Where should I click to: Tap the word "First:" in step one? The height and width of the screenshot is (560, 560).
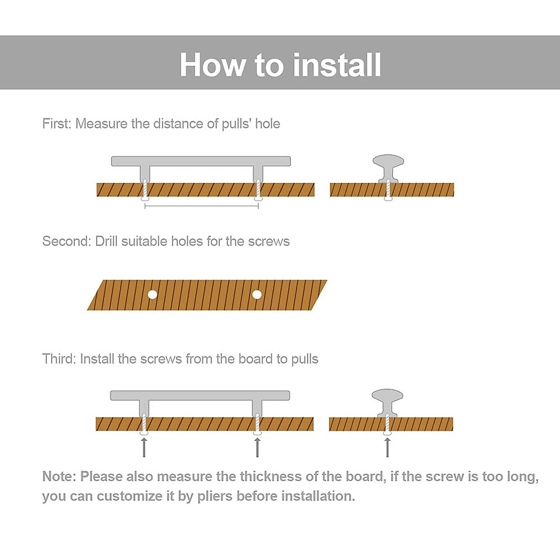point(56,124)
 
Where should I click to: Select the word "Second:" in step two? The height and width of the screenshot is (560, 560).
point(66,241)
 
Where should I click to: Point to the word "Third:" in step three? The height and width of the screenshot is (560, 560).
point(59,359)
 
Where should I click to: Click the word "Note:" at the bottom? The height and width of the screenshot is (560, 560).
point(59,476)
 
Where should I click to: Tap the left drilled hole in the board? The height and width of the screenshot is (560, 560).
point(152,294)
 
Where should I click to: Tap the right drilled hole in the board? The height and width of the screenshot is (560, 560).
point(257,294)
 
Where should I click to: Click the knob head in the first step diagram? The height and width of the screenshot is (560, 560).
point(388,162)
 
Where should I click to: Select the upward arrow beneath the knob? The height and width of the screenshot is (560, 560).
point(387,448)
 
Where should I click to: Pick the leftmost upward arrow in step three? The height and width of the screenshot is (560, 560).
point(144,448)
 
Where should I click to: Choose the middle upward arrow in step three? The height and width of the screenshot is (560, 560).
point(257,448)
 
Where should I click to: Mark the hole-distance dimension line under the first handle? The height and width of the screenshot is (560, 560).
point(202,206)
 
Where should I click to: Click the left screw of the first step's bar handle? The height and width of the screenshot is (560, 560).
point(145,190)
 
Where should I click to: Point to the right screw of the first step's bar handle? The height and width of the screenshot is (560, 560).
point(258,190)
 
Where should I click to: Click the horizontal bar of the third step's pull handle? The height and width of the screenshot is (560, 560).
point(200,396)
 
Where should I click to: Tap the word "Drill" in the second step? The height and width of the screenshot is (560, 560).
point(106,241)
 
